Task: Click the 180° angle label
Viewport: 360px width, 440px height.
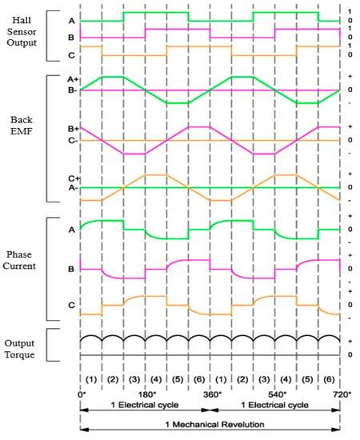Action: [x=147, y=394]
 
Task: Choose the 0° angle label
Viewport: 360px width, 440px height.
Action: [x=82, y=394]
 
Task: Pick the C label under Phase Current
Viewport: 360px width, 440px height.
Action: [x=70, y=304]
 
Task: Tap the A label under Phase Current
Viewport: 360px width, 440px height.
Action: [x=70, y=229]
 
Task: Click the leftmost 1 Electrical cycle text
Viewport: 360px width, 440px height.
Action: [x=146, y=406]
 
